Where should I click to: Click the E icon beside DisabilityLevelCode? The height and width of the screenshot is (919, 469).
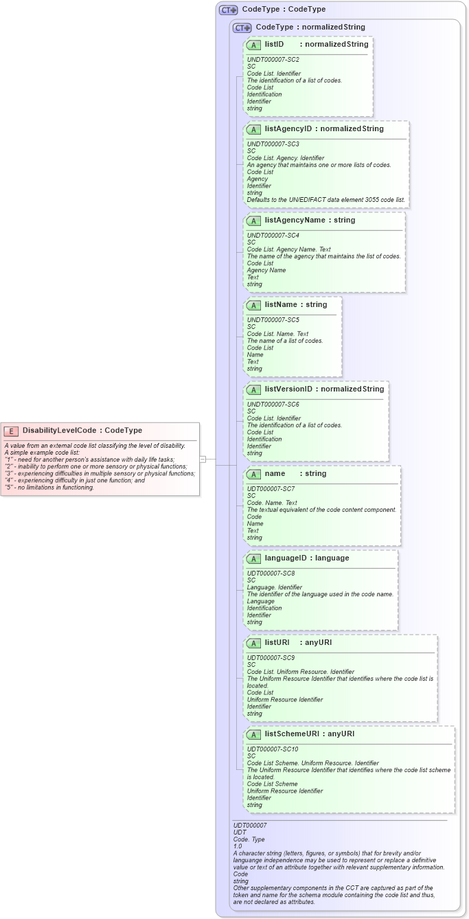coord(11,431)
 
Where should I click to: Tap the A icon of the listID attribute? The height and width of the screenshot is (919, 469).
coord(253,45)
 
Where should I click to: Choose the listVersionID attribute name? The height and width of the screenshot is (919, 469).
coord(288,389)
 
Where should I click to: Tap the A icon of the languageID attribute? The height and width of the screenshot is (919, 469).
coord(253,558)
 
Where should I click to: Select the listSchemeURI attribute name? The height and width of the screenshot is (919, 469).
coord(292,734)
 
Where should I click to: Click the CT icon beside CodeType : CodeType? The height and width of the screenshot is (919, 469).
coord(228,10)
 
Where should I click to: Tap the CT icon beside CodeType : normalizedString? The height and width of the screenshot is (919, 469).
coord(242,28)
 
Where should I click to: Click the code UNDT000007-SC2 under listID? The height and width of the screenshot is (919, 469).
coord(273,60)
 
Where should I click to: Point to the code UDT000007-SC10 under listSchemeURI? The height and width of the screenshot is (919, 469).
coord(273,749)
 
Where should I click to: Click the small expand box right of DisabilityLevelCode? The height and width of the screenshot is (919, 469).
coord(203,458)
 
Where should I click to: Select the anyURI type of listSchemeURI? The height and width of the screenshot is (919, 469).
coord(341,734)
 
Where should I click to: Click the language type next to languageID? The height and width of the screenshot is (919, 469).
coord(332,558)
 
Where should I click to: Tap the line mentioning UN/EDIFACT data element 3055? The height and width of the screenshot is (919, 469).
coord(326,200)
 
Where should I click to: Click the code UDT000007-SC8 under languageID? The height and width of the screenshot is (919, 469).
coord(271,573)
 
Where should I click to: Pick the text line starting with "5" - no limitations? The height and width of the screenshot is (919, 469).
coord(49,488)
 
